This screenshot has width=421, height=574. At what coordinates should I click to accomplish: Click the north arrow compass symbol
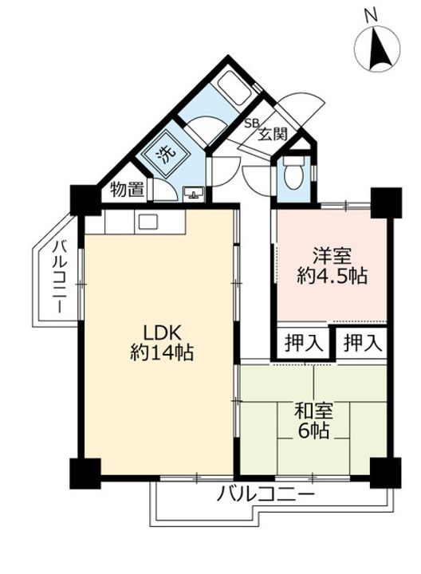pyautogui.click(x=379, y=49)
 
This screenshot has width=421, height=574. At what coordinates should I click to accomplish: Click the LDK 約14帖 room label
pyautogui.click(x=162, y=343)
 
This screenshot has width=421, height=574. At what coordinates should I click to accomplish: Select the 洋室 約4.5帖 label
pyautogui.click(x=332, y=265)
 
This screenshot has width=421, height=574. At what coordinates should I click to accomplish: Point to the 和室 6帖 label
pyautogui.click(x=313, y=421)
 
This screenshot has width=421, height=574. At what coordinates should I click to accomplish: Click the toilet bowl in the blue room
pyautogui.click(x=293, y=175)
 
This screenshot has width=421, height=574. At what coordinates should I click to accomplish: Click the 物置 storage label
pyautogui.click(x=127, y=189)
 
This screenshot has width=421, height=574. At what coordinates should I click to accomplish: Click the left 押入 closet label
pyautogui.click(x=304, y=344)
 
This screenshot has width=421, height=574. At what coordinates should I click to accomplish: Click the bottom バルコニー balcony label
pyautogui.click(x=266, y=496)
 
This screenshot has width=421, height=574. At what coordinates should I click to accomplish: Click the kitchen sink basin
pyautogui.click(x=148, y=222)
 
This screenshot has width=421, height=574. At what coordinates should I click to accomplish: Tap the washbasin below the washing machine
pyautogui.click(x=193, y=192)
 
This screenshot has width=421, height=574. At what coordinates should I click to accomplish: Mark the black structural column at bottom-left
pyautogui.click(x=85, y=474)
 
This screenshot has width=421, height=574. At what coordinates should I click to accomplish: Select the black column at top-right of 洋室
pyautogui.click(x=386, y=202)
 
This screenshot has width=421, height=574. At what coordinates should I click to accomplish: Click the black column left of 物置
pyautogui.click(x=85, y=200)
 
